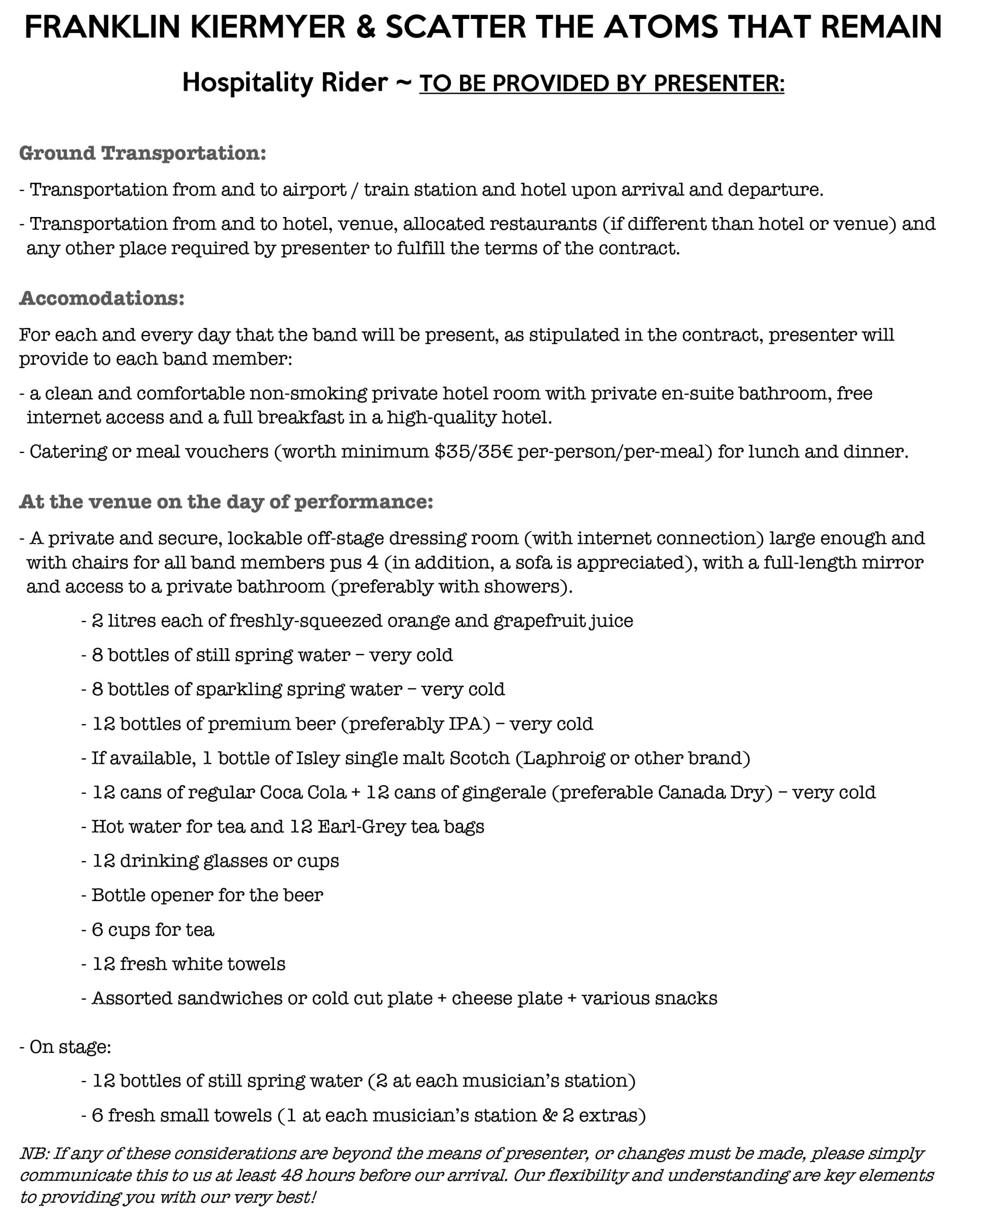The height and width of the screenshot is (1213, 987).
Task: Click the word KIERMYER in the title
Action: tap(267, 27)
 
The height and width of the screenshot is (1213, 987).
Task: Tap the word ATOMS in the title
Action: tap(660, 27)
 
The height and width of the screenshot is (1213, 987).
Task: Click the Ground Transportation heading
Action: tap(142, 153)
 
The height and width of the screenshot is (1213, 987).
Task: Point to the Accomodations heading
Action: tap(102, 298)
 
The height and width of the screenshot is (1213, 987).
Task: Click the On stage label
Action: tap(69, 1047)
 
